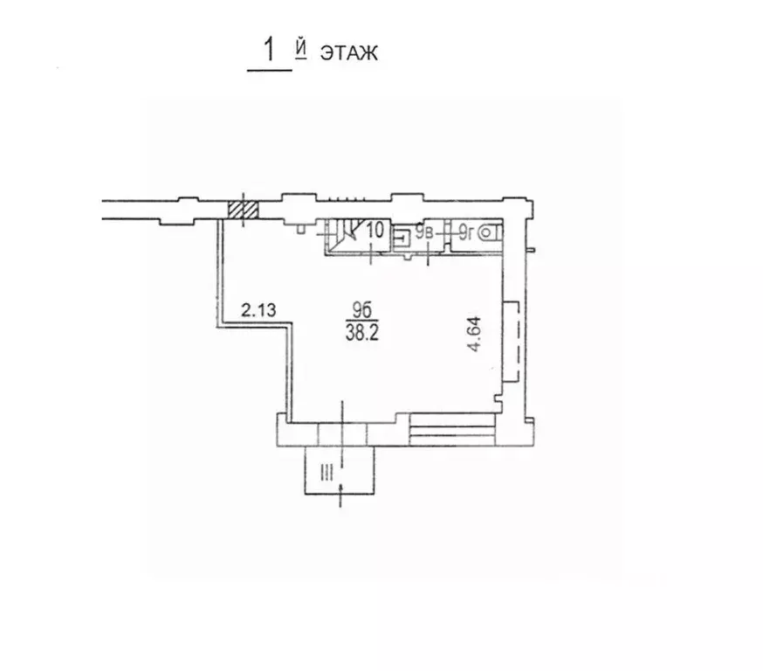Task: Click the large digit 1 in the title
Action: (x=269, y=50)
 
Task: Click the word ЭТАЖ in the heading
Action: (x=348, y=53)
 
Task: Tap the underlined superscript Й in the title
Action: (x=301, y=50)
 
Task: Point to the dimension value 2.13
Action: (x=259, y=309)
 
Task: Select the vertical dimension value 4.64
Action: (x=474, y=334)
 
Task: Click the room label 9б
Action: (x=362, y=309)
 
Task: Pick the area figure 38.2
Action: (x=362, y=333)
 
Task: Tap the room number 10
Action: (x=375, y=230)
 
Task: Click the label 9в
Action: (x=423, y=232)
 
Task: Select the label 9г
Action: (x=466, y=232)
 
